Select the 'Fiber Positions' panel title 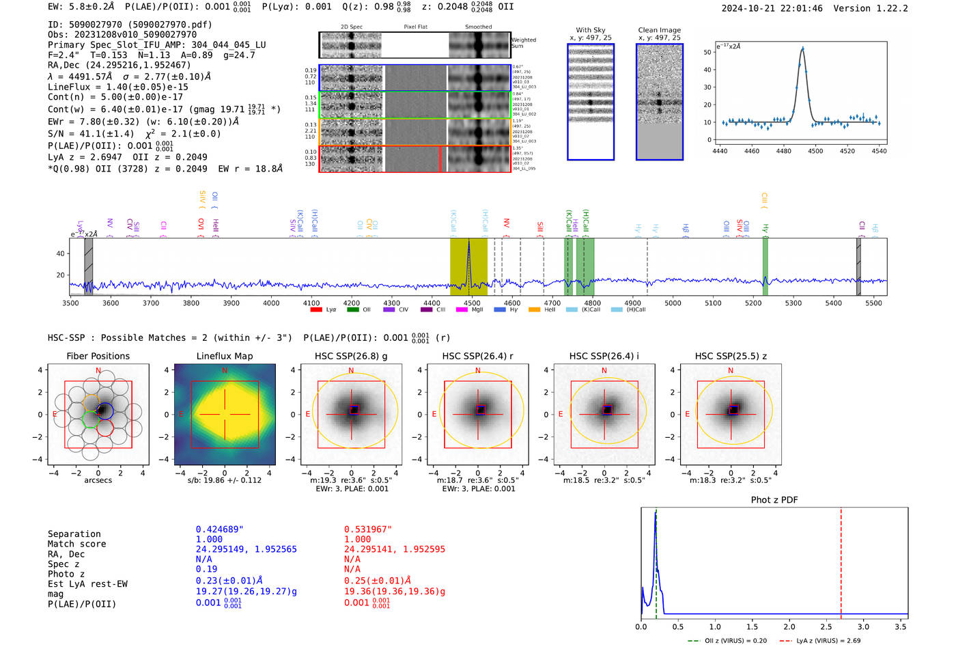(98, 356)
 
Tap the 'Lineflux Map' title (224, 356)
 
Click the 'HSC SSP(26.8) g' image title (351, 356)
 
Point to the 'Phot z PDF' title (774, 500)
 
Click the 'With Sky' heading (591, 30)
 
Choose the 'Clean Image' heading (659, 30)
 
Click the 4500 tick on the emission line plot (815, 151)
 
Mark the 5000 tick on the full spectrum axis (673, 303)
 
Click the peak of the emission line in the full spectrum (468, 242)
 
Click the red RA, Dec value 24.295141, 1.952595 (394, 549)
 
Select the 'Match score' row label (76, 544)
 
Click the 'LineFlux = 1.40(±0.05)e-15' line (117, 87)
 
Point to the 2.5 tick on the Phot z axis (826, 626)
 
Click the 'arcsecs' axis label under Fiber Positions (98, 480)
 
